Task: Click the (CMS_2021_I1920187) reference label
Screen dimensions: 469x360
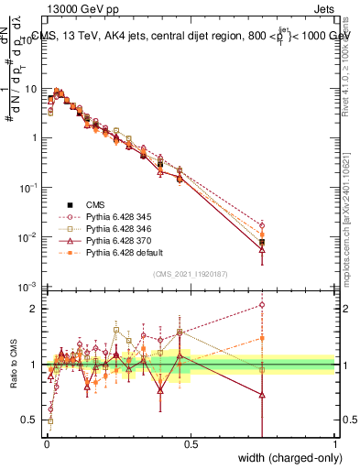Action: [190, 272]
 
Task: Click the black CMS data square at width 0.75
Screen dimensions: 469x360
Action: [263, 242]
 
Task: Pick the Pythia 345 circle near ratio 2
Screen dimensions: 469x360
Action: [263, 305]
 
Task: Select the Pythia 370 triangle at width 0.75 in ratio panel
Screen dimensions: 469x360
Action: [263, 395]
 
